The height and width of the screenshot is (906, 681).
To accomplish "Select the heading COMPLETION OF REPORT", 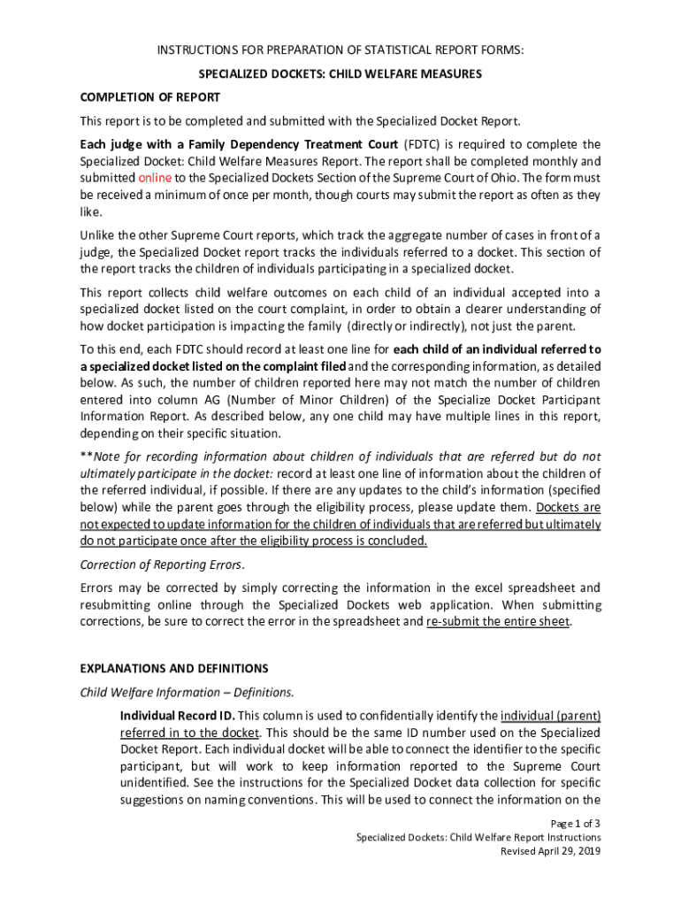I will coord(149,96).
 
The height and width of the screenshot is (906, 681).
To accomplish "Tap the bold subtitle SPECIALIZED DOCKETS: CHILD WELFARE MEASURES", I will coord(340,74).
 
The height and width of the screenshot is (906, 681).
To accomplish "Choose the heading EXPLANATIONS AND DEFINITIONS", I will coord(173,668).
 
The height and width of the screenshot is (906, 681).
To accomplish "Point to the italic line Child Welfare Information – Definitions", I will coord(187,692).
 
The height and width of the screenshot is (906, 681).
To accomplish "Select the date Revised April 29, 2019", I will coord(550,851).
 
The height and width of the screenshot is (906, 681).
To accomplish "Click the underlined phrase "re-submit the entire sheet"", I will coord(498,621).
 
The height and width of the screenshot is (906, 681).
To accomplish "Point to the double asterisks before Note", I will coord(86,457).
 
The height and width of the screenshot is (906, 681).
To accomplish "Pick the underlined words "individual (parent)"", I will coord(550,715).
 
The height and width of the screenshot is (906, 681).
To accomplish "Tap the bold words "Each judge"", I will coord(111,144).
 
